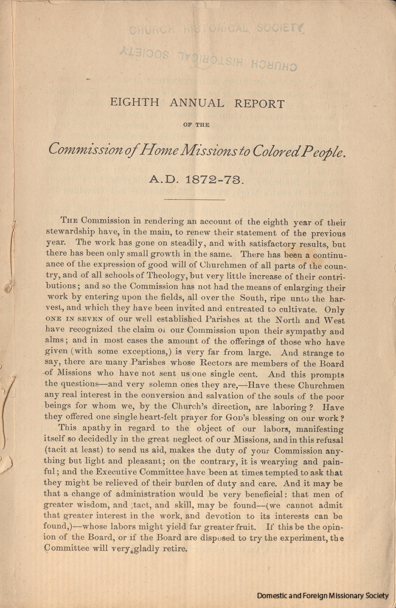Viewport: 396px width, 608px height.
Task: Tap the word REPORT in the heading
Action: [x=259, y=103]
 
